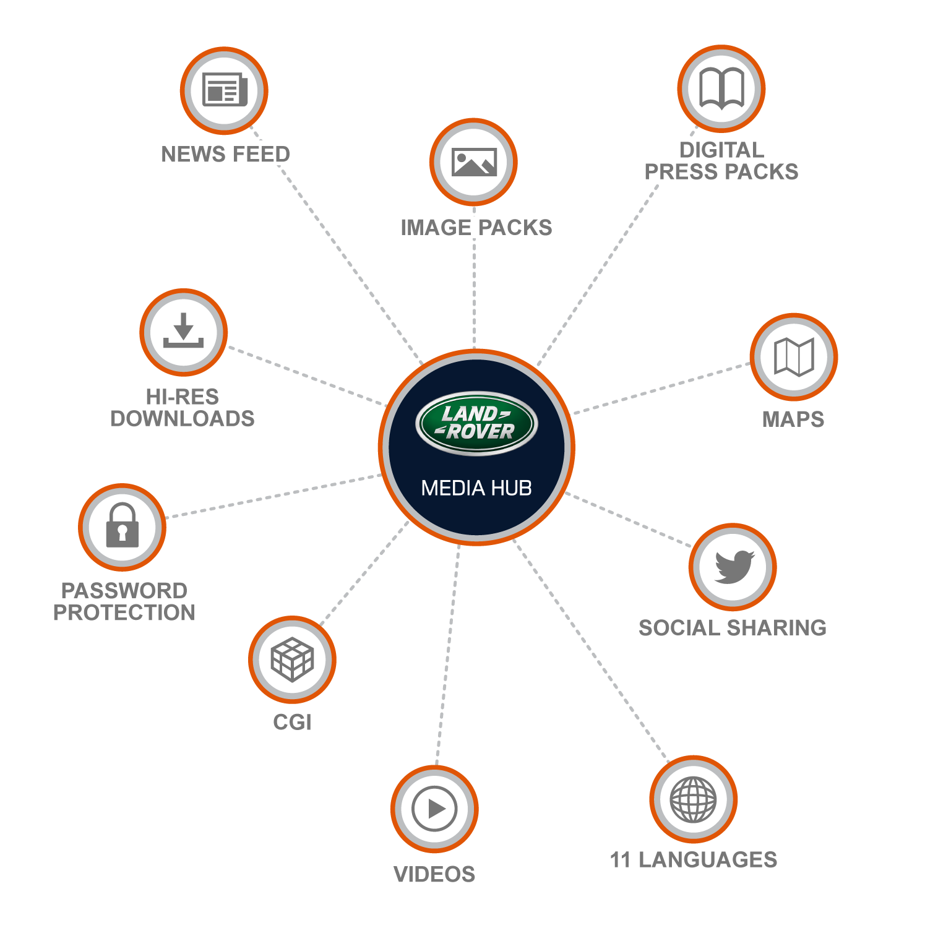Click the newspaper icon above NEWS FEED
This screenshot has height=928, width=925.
[x=225, y=90]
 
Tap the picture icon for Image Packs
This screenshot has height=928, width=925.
[x=474, y=162]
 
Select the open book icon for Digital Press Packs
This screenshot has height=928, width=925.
[x=721, y=88]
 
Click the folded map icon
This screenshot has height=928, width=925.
[x=794, y=357]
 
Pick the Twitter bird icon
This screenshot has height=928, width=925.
[x=733, y=567]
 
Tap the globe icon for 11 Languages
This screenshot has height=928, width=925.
[x=693, y=799]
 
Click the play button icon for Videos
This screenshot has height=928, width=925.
[x=434, y=809]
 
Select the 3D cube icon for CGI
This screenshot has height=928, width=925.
[x=292, y=659]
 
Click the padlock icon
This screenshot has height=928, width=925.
[x=122, y=526]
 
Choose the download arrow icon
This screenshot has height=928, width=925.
[x=183, y=332]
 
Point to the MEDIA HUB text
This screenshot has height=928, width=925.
[x=476, y=488]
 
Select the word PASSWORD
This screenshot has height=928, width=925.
[x=124, y=591]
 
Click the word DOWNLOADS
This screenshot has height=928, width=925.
[x=183, y=419]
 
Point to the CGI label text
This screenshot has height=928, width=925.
[x=292, y=723]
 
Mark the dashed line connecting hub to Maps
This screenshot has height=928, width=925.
[x=662, y=388]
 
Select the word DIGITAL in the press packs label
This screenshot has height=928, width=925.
[x=721, y=150]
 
